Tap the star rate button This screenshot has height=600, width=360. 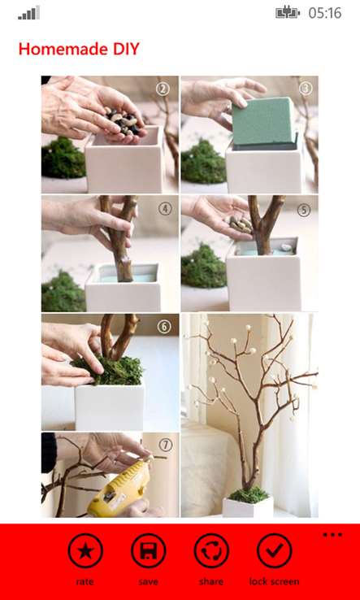[85, 550]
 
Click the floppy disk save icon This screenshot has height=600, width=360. [148, 550]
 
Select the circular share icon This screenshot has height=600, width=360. [211, 550]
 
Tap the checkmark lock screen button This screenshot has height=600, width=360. [275, 550]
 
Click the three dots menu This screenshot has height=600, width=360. [332, 535]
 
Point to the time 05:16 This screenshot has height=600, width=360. [325, 13]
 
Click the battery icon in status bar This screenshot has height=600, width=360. [288, 13]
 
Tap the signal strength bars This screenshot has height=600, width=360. [28, 13]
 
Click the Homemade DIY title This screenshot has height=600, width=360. [79, 50]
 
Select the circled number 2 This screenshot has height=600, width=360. [163, 89]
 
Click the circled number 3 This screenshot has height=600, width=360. [306, 89]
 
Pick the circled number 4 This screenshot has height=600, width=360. [165, 209]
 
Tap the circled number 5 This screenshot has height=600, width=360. [304, 210]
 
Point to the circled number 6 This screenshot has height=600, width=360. [163, 327]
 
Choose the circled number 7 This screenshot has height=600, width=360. [165, 445]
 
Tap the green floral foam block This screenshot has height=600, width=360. [264, 123]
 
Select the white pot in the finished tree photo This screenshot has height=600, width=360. [248, 507]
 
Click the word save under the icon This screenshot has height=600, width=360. [148, 581]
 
